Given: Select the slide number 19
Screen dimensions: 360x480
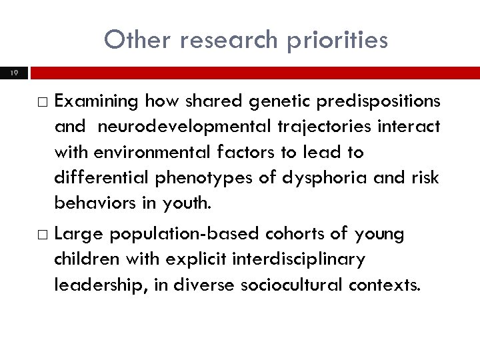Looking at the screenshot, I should point(14,72).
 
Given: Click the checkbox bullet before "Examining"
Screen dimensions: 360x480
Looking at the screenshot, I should point(43,101).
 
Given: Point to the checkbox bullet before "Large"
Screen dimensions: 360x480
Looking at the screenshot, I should point(43,235).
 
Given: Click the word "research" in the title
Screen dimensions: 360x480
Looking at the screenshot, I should point(226,40).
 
